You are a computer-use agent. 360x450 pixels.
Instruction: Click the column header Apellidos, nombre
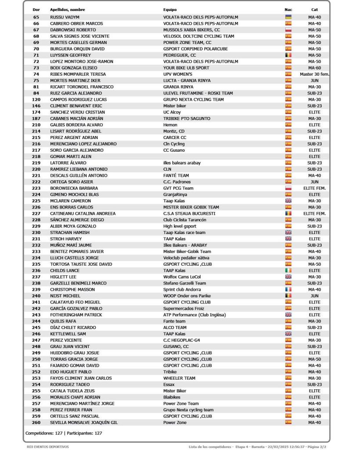pyautogui.click(x=67, y=10)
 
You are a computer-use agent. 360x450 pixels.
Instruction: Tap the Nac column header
pyautogui.click(x=288, y=10)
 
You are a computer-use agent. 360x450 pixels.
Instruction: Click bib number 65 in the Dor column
pyautogui.click(x=36, y=17)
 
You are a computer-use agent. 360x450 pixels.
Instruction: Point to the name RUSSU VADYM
pyautogui.click(x=65, y=17)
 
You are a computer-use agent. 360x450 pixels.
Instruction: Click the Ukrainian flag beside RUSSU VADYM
pyautogui.click(x=288, y=17)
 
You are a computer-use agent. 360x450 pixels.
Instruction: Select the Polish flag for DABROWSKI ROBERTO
pyautogui.click(x=288, y=30)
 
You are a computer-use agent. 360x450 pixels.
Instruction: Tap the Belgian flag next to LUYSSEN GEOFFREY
pyautogui.click(x=288, y=55)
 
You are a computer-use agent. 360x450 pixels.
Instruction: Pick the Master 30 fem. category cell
pyautogui.click(x=314, y=74)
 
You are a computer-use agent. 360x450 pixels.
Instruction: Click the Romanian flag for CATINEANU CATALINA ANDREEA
pyautogui.click(x=288, y=214)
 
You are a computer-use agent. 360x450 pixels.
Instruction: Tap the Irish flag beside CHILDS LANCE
pyautogui.click(x=288, y=271)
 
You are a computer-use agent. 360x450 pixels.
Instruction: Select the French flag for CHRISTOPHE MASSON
pyautogui.click(x=288, y=289)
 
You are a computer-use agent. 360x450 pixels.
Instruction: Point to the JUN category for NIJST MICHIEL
pyautogui.click(x=314, y=296)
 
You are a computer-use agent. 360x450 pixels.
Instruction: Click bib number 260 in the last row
pyautogui.click(x=36, y=423)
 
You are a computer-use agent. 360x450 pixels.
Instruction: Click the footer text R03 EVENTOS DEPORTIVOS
pyautogui.click(x=48, y=447)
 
